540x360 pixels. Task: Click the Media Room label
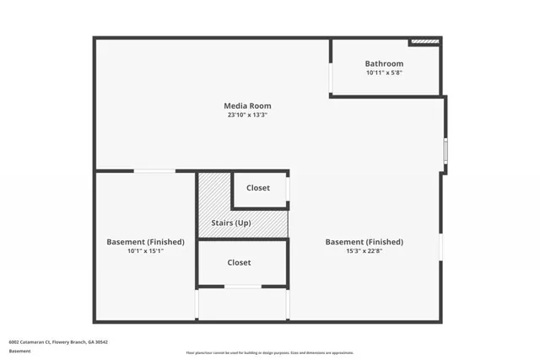pyautogui.click(x=247, y=105)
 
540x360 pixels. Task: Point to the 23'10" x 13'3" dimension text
pyautogui.click(x=247, y=115)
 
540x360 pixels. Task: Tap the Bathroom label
pyautogui.click(x=384, y=63)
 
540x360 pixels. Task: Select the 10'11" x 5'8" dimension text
pyautogui.click(x=384, y=73)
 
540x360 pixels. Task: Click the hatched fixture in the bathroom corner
pyautogui.click(x=424, y=40)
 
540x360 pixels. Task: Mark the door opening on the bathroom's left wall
pyautogui.click(x=331, y=76)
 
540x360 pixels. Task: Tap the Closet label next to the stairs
pyautogui.click(x=258, y=187)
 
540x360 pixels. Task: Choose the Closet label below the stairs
pyautogui.click(x=239, y=262)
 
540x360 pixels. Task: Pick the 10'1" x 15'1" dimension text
pyautogui.click(x=145, y=250)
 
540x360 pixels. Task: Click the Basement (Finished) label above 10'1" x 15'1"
pyautogui.click(x=145, y=241)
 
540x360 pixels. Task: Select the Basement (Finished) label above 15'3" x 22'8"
pyautogui.click(x=364, y=241)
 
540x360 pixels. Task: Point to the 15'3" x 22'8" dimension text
pyautogui.click(x=364, y=250)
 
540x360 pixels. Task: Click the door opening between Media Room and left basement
pyautogui.click(x=154, y=171)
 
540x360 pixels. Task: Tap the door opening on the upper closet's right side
pyautogui.click(x=288, y=191)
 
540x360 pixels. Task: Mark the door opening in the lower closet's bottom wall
pyautogui.click(x=242, y=287)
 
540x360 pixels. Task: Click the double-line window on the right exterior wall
pyautogui.click(x=445, y=149)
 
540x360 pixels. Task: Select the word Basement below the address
pyautogui.click(x=19, y=351)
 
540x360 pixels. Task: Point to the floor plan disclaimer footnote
pyautogui.click(x=270, y=352)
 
